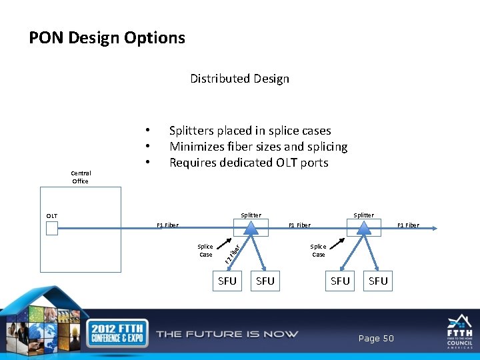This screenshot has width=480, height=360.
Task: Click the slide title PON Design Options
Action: (x=107, y=38)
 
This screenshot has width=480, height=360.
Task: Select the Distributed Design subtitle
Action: (x=239, y=79)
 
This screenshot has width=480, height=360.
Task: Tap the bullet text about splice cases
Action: (x=250, y=131)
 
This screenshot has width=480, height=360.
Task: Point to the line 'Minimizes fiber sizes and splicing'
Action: (x=258, y=147)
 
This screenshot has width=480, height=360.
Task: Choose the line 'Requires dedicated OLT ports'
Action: (x=249, y=163)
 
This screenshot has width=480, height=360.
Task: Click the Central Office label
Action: (x=80, y=177)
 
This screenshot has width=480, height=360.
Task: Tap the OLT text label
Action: (x=52, y=216)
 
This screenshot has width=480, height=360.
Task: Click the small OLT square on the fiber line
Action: (x=52, y=229)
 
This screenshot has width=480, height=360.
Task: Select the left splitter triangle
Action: (x=250, y=228)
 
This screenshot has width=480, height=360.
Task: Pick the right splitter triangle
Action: (x=363, y=228)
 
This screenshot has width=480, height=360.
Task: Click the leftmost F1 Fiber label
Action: (x=167, y=225)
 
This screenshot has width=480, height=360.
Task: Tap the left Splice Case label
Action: (x=205, y=251)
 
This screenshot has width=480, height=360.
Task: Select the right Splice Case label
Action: (x=318, y=251)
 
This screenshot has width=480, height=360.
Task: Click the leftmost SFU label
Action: (x=227, y=281)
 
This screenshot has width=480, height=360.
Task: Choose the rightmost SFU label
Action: (x=378, y=281)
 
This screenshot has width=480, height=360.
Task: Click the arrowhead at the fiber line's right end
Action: (x=434, y=229)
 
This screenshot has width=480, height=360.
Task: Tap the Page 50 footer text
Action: (x=376, y=339)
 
